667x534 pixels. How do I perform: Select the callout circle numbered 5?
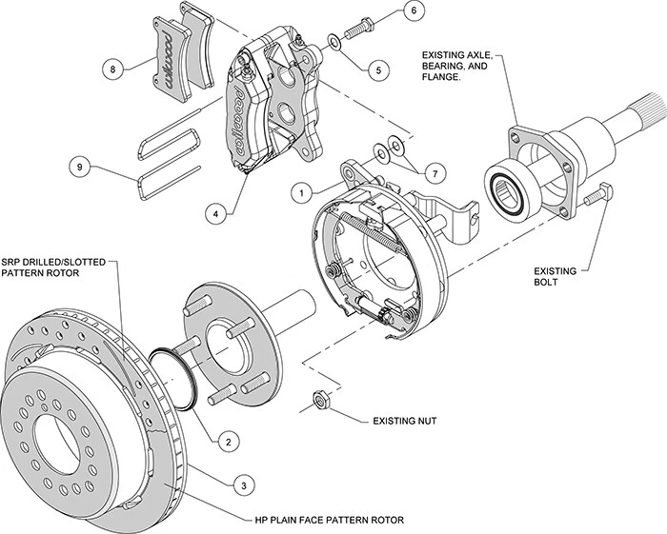click(379, 69)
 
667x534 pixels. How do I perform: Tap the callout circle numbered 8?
click(112, 69)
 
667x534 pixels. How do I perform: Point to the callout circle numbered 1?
click(301, 191)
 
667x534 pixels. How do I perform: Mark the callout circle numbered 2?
click(228, 441)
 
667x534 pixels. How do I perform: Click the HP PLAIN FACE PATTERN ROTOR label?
click(330, 521)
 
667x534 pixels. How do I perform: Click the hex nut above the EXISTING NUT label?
click(322, 398)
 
